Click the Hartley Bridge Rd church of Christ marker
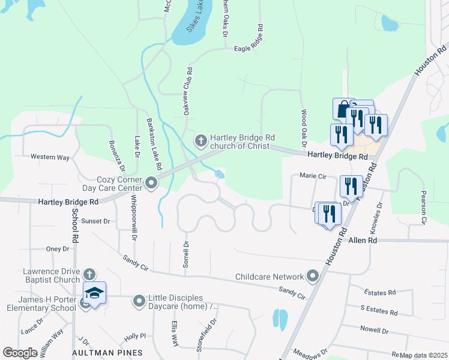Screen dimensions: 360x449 click(x=200, y=142)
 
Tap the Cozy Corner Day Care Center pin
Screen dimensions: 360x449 click(x=151, y=182)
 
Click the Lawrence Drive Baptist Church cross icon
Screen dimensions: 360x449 click(x=89, y=274)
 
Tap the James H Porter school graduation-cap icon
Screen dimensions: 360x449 click(x=94, y=293)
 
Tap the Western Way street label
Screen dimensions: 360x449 click(x=50, y=157)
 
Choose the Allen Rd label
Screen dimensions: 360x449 click(x=363, y=239)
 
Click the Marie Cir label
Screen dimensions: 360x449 click(x=312, y=176)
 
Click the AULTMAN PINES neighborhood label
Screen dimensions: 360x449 click(x=107, y=352)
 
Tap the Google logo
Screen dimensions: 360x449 click(x=20, y=352)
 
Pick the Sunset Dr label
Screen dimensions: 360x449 click(x=96, y=221)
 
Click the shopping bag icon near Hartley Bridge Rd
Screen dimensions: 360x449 click(x=343, y=109)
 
